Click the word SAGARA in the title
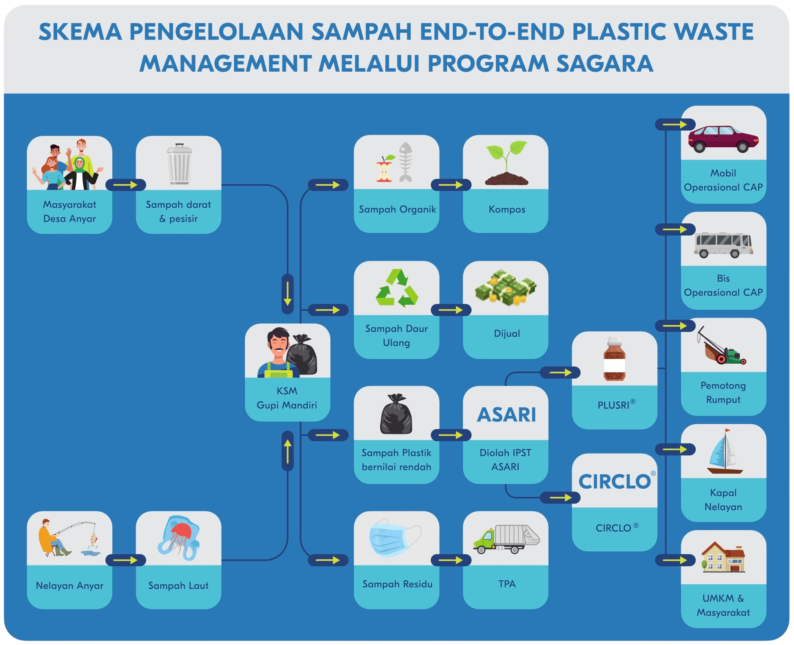(604, 64)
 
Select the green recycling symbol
(397, 288)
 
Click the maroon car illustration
(723, 138)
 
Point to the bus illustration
(723, 244)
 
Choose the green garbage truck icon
(506, 539)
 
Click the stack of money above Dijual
(506, 287)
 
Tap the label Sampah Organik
(397, 210)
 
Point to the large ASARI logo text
(506, 415)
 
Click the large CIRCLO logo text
(614, 482)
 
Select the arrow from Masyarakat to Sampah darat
(126, 185)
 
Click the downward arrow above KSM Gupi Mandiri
(287, 294)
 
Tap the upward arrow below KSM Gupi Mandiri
(287, 451)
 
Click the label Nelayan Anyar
(69, 585)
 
